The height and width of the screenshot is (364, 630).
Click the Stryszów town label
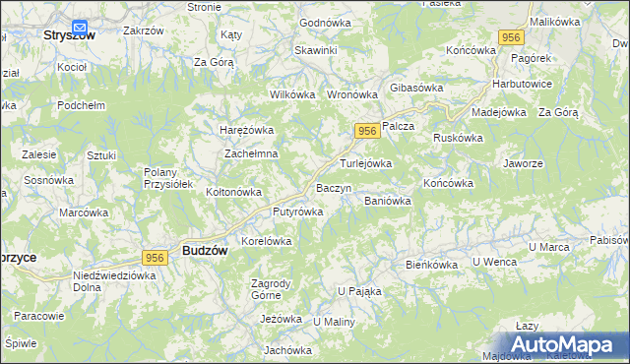pos(69,34)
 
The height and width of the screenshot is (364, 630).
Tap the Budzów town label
pos(205,251)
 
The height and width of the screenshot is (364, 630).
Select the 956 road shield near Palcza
pos(365,131)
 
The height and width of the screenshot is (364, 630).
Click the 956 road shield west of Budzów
pos(153,257)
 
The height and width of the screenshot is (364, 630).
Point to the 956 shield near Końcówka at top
pos(510,37)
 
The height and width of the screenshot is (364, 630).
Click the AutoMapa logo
pos(567,344)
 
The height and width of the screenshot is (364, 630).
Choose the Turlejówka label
pos(366,163)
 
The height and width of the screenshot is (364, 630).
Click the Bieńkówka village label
pos(432,265)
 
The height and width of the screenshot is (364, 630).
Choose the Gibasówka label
pos(416,88)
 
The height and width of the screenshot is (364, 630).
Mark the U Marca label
pos(550,246)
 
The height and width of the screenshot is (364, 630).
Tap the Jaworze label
pos(523,163)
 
